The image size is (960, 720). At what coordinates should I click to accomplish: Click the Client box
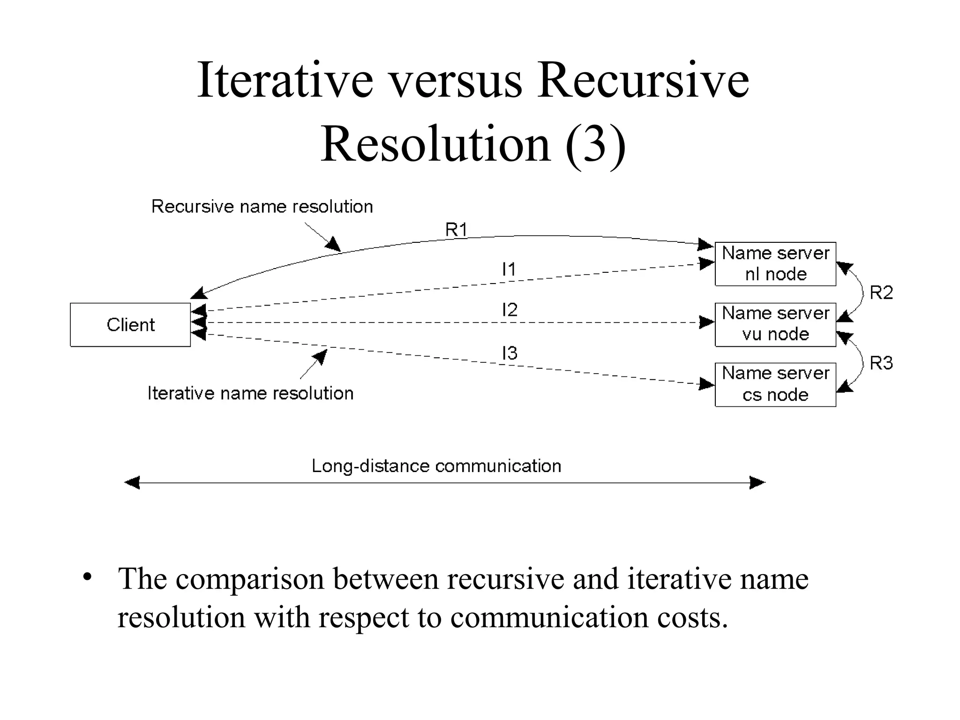[130, 325]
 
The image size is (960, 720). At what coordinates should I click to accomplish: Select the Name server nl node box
[775, 264]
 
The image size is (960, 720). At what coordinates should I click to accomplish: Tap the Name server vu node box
[775, 324]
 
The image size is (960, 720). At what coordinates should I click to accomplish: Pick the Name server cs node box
[775, 384]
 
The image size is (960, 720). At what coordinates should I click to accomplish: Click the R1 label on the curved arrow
[456, 230]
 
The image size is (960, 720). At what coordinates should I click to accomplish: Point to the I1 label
[509, 270]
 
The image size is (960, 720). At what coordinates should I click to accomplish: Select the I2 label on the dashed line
[510, 310]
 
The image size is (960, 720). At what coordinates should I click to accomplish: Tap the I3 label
[510, 353]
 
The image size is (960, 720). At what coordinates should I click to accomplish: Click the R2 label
[881, 293]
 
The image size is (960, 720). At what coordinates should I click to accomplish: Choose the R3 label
[881, 363]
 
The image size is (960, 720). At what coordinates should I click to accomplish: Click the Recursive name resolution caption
[262, 207]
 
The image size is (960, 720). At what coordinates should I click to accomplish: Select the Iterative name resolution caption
[250, 393]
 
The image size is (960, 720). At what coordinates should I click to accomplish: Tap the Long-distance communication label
[436, 466]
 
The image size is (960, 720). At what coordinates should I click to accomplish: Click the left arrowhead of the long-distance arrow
[132, 482]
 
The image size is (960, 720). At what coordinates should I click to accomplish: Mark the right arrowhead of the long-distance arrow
[757, 482]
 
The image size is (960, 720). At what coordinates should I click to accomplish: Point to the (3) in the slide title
[595, 144]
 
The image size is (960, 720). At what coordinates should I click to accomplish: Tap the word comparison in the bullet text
[250, 579]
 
